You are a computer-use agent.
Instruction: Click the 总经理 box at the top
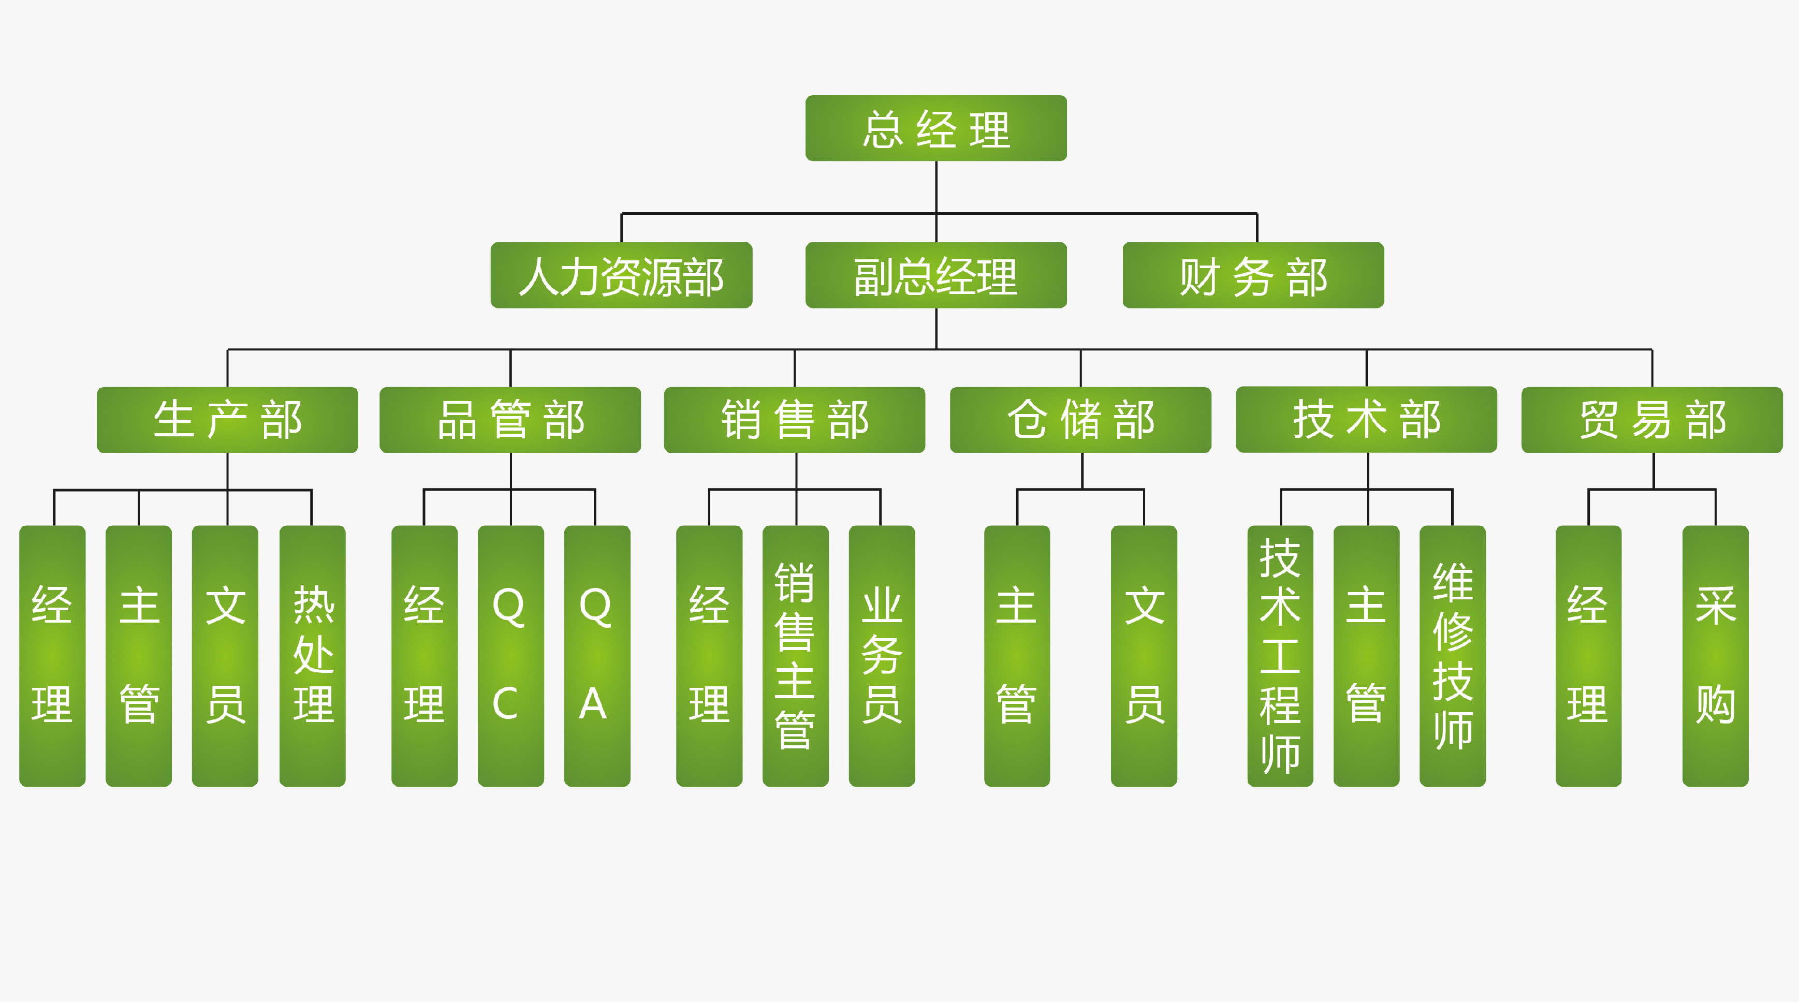(936, 128)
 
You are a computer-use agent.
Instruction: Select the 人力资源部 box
(621, 275)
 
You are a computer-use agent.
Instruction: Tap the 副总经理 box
(936, 275)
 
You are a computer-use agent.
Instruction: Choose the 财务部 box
(1253, 275)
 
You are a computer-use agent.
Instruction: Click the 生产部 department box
(227, 420)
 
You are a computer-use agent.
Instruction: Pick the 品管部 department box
(510, 420)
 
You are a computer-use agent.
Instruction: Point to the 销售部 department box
(794, 420)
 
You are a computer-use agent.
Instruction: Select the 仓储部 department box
(1080, 420)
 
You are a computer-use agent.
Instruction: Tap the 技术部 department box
(1366, 420)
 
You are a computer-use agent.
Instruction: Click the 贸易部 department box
(1651, 420)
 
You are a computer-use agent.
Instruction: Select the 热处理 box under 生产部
(312, 656)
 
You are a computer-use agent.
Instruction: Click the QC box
(510, 656)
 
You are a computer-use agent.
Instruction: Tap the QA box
(597, 656)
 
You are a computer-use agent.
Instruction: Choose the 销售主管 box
(796, 656)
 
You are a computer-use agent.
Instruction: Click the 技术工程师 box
(1280, 656)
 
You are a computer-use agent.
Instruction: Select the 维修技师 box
(1453, 656)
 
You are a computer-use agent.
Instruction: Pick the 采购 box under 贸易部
(1715, 656)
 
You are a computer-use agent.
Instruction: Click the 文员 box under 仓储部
(1144, 656)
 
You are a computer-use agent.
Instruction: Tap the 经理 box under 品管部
(425, 656)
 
